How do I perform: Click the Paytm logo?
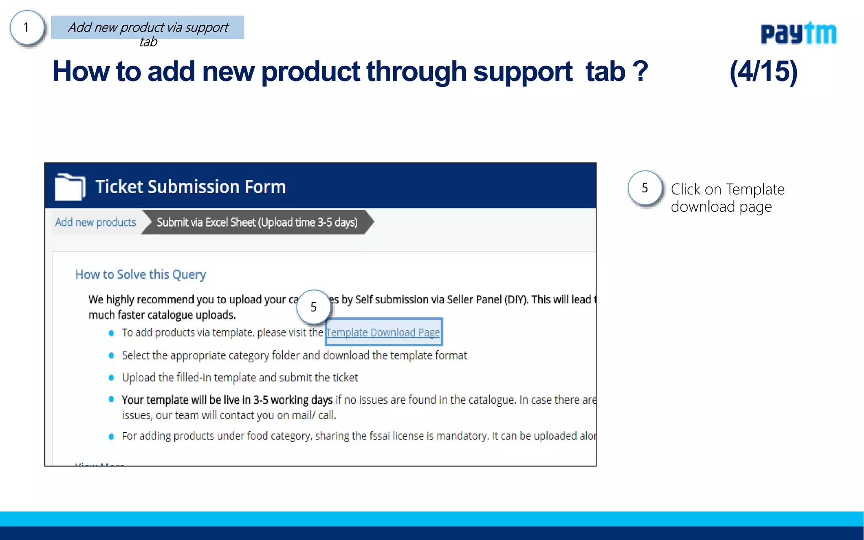pos(798,33)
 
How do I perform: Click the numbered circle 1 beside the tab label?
pos(27,28)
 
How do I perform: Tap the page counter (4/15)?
pos(763,71)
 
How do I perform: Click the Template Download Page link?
pos(383,332)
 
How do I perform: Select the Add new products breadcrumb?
pos(95,222)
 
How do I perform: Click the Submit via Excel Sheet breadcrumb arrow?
pos(257,222)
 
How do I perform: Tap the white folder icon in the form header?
pos(70,186)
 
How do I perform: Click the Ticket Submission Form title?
pos(190,187)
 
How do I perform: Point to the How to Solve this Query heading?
pos(140,275)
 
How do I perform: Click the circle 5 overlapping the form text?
pos(313,307)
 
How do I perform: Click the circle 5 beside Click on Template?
pos(645,188)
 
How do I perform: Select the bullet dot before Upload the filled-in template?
pos(111,378)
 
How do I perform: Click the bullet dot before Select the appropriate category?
pos(111,356)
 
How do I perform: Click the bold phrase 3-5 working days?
pos(293,400)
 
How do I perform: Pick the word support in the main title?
pos(523,72)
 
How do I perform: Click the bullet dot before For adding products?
pos(111,437)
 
